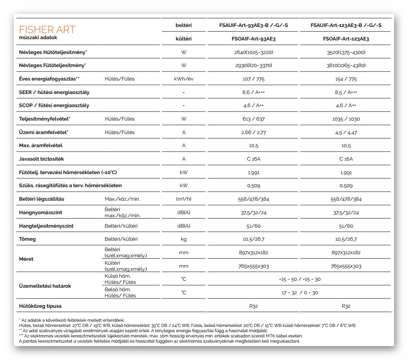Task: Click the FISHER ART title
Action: (47, 30)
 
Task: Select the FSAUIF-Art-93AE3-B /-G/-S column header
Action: (253, 25)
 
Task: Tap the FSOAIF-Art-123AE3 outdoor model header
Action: (346, 39)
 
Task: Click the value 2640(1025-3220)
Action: (253, 52)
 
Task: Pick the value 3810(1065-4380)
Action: (346, 65)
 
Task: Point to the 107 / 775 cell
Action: (253, 79)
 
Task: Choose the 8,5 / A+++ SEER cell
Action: (346, 92)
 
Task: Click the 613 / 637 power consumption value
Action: (253, 119)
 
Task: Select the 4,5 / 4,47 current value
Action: (346, 132)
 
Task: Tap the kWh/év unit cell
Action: (184, 79)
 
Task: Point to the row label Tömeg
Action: (27, 239)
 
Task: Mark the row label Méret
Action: (26, 259)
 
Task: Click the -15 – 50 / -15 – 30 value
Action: (300, 279)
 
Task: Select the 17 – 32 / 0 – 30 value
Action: (300, 293)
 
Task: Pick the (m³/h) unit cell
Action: (184, 199)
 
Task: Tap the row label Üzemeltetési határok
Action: (45, 286)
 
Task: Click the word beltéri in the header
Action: (184, 25)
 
